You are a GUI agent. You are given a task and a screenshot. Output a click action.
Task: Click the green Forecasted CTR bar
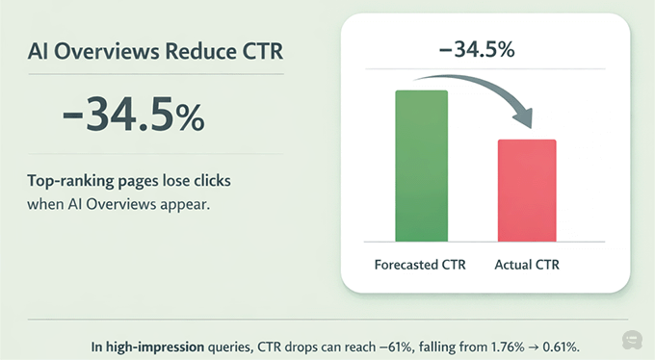[422, 166]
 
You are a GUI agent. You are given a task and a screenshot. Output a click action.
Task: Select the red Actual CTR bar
[526, 191]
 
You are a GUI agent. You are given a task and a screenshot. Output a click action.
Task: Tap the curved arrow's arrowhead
[524, 120]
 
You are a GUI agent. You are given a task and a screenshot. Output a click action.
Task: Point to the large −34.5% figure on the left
[133, 116]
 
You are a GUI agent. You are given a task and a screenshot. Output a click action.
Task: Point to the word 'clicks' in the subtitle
[208, 180]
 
